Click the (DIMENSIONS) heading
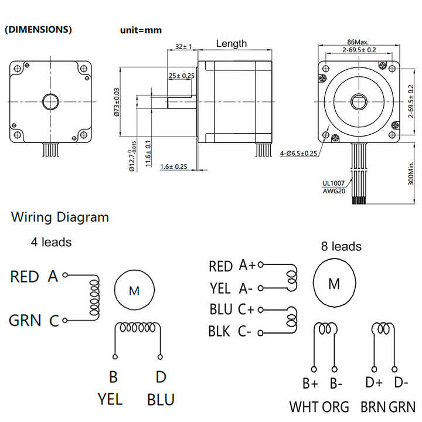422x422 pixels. [x=39, y=29]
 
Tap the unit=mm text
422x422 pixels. [x=141, y=30]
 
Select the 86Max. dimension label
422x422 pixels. [x=358, y=42]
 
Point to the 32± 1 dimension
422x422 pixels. [x=183, y=46]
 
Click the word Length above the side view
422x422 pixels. [x=232, y=43]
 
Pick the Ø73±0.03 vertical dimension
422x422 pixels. [x=117, y=102]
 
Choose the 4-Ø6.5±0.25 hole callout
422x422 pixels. [x=298, y=154]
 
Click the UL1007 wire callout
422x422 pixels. [x=333, y=183]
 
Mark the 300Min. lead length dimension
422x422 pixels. [x=411, y=173]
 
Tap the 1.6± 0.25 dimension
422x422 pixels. [x=173, y=166]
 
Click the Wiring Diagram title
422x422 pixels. [x=60, y=217]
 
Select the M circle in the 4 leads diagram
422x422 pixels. [x=135, y=290]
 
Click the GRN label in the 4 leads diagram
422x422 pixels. [x=25, y=320]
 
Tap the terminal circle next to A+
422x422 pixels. [x=260, y=264]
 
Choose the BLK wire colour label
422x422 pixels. [x=219, y=331]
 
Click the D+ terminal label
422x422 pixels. [x=373, y=382]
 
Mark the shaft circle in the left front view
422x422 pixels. [x=50, y=102]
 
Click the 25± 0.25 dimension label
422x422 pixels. [x=182, y=76]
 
